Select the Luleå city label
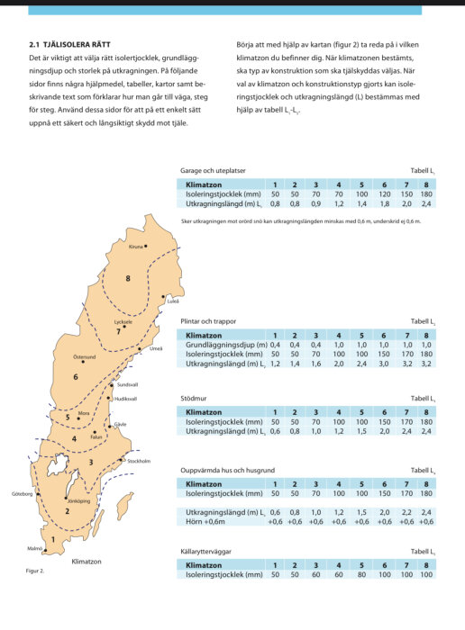point(172,301)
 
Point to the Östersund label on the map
point(84,356)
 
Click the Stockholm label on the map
point(139,461)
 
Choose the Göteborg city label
point(23,494)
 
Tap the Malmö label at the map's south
point(35,548)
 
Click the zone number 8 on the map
point(128,279)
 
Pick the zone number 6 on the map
point(76,376)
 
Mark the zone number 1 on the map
point(52,540)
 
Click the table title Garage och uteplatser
point(213,169)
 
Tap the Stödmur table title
point(196,397)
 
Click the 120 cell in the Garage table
point(384,193)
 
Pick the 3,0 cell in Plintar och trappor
point(384,364)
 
